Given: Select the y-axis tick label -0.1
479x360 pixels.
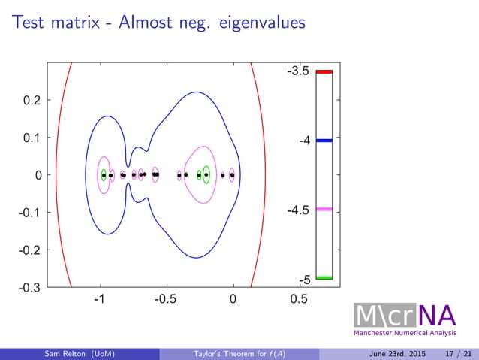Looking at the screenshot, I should (30, 212).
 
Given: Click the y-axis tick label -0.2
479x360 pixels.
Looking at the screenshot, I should (30, 250).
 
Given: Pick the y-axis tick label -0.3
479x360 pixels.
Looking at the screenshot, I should (30, 286).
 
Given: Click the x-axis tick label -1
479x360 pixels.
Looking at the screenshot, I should (98, 301).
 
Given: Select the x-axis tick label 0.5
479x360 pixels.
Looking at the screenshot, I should (299, 301).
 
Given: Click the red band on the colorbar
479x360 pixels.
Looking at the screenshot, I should (324, 71).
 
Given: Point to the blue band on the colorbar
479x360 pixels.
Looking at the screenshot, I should (324, 141).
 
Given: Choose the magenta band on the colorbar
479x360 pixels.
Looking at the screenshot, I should (324, 209).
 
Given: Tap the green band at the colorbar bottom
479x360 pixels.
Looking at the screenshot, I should (324, 278).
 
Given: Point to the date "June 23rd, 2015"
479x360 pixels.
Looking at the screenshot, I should (394, 353).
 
